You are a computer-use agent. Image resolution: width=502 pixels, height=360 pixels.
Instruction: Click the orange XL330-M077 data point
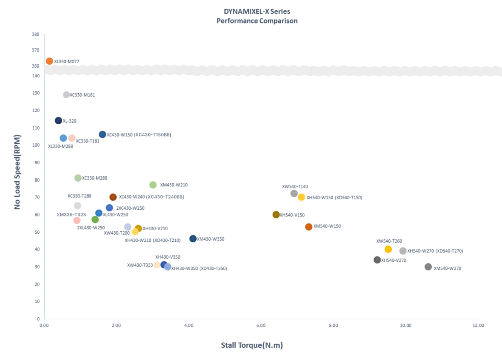tap(49, 61)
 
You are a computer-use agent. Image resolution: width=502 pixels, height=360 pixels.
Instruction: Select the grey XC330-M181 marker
tap(66, 95)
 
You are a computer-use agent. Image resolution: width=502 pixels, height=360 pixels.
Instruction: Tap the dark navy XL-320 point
tap(58, 121)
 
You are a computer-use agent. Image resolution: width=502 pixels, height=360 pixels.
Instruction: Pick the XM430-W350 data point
tap(193, 239)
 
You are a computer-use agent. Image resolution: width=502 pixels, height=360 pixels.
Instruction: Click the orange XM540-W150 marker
tap(309, 227)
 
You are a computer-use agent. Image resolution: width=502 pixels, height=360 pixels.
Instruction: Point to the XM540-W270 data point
tap(428, 267)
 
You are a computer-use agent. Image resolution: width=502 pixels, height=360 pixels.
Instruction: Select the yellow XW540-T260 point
tap(388, 250)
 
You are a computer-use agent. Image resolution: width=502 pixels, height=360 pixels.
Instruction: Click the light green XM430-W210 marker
tap(153, 185)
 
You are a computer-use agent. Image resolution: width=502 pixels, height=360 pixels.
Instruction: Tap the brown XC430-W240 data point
tap(113, 197)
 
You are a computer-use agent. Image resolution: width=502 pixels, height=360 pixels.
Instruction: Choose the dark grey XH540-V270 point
tap(377, 260)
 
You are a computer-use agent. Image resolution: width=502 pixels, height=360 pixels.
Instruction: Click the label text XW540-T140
tap(295, 186)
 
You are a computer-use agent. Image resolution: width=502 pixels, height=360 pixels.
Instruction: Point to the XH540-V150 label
tap(293, 215)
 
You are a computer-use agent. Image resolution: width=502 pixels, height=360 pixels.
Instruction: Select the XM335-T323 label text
tap(71, 215)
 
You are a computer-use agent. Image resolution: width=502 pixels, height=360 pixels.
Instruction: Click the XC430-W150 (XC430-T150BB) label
tap(139, 135)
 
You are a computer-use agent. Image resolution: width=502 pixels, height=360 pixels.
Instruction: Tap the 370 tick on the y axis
tap(36, 50)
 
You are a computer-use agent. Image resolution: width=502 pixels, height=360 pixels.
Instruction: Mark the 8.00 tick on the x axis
tap(333, 325)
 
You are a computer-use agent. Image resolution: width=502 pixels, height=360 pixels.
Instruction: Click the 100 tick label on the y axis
tap(36, 145)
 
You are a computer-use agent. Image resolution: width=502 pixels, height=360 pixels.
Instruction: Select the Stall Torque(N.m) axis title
tap(252, 345)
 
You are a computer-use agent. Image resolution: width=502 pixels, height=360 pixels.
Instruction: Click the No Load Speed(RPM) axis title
tap(17, 172)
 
